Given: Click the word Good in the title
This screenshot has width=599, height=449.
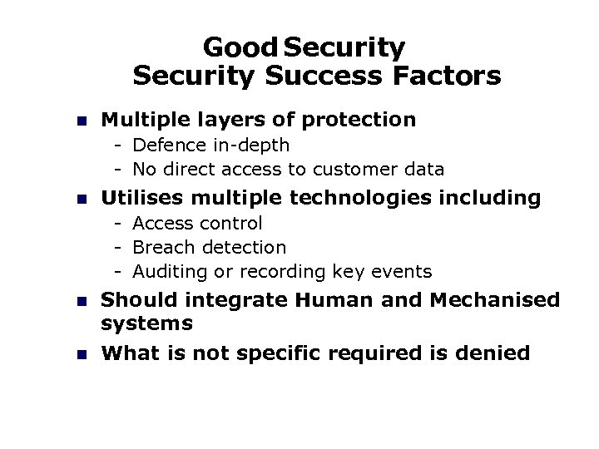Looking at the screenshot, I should [236, 47].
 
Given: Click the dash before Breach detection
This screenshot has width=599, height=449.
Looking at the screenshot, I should [120, 248].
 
